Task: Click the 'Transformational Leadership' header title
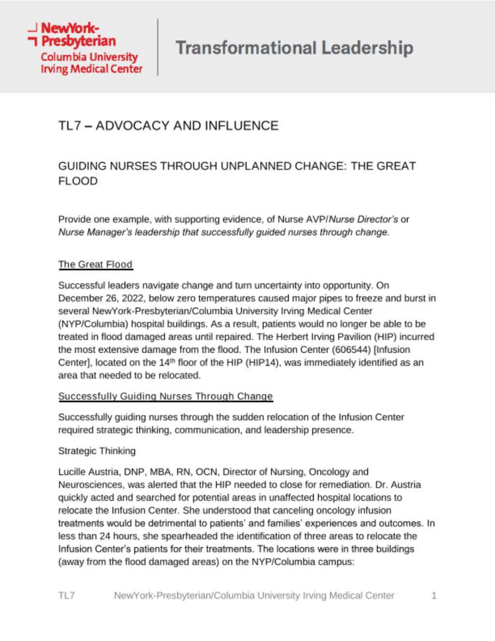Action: coord(294,48)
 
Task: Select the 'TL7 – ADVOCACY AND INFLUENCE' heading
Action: coord(168,126)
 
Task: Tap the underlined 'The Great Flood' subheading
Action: coord(95,265)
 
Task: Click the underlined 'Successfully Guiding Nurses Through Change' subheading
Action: coord(165,396)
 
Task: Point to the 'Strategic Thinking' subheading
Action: coord(97,451)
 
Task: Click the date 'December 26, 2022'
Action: coord(101,298)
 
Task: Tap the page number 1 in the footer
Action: coord(434,596)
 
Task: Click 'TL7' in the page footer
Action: coord(67,596)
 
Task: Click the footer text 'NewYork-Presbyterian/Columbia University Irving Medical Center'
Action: coord(254,596)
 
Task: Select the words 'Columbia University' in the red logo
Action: coord(89,57)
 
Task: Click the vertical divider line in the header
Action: coord(158,47)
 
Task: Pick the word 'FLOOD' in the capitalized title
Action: coord(78,181)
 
